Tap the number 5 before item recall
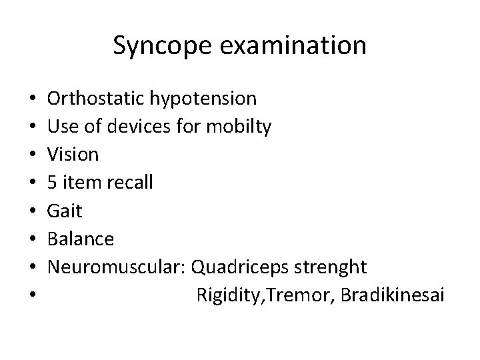tap(53, 183)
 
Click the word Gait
tap(65, 211)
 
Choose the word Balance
tap(81, 239)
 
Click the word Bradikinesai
tap(391, 295)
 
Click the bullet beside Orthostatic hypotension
tap(33, 99)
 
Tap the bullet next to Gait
tap(33, 211)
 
